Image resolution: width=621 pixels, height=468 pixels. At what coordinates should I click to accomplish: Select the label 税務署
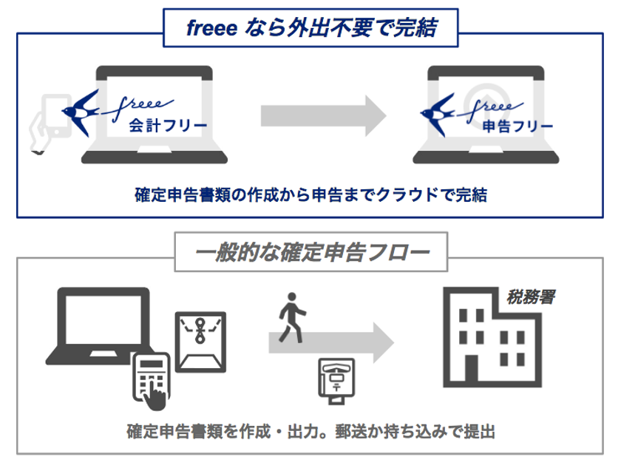(531, 297)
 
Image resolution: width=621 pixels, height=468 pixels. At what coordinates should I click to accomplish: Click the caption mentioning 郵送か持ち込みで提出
(310, 430)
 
